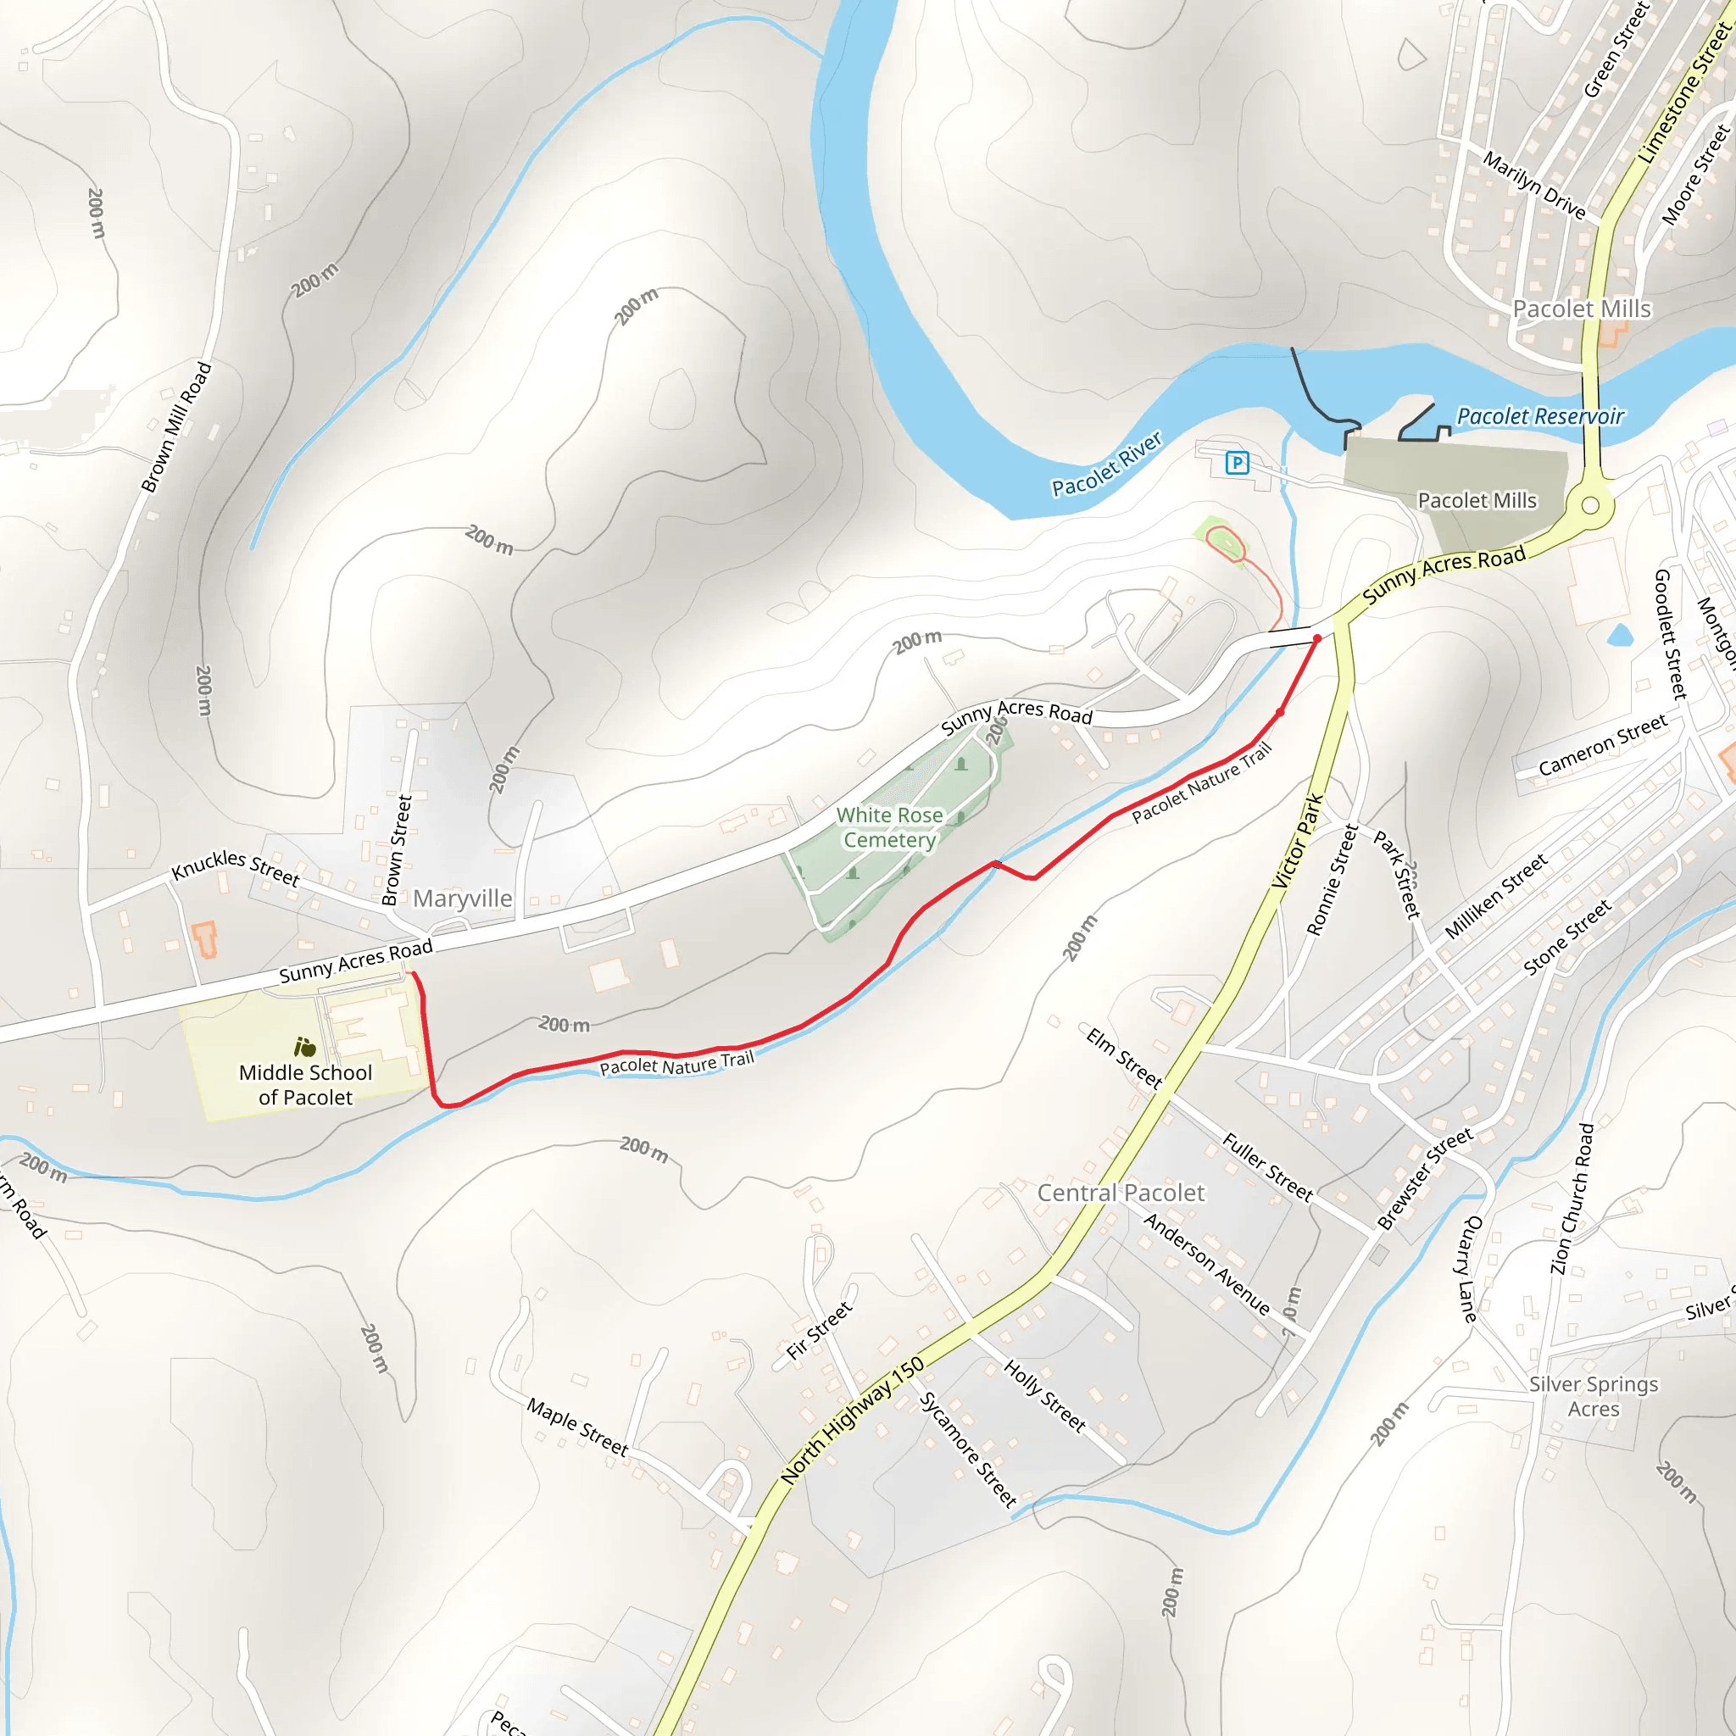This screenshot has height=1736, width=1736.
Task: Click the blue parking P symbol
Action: click(x=1238, y=464)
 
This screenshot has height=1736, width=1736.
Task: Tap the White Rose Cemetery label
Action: click(x=889, y=826)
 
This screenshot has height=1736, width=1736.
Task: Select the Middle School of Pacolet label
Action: click(x=305, y=1084)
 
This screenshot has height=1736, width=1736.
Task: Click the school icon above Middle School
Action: click(x=305, y=1047)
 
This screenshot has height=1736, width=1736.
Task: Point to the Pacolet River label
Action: click(x=1107, y=464)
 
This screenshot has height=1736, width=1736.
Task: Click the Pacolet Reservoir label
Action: click(x=1540, y=417)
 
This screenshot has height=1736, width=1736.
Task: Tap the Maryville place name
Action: click(x=463, y=899)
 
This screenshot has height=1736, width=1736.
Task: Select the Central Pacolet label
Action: click(x=1121, y=1193)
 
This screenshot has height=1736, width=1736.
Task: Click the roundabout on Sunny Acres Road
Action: click(x=1589, y=505)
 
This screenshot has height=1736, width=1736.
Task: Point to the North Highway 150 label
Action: click(x=852, y=1420)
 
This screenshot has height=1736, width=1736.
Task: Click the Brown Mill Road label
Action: click(x=177, y=428)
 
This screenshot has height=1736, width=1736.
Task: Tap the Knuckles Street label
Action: click(x=236, y=867)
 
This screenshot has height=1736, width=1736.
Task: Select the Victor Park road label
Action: click(x=1299, y=841)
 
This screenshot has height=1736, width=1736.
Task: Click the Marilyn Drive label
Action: click(x=1533, y=185)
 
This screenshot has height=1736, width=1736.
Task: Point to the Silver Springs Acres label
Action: click(x=1594, y=1396)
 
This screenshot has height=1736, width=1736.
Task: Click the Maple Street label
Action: click(x=578, y=1427)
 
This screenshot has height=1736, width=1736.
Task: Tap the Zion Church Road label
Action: click(x=1572, y=1199)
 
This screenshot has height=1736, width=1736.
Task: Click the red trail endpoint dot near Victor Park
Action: click(x=1317, y=639)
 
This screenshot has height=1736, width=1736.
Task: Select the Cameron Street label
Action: click(x=1603, y=745)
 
